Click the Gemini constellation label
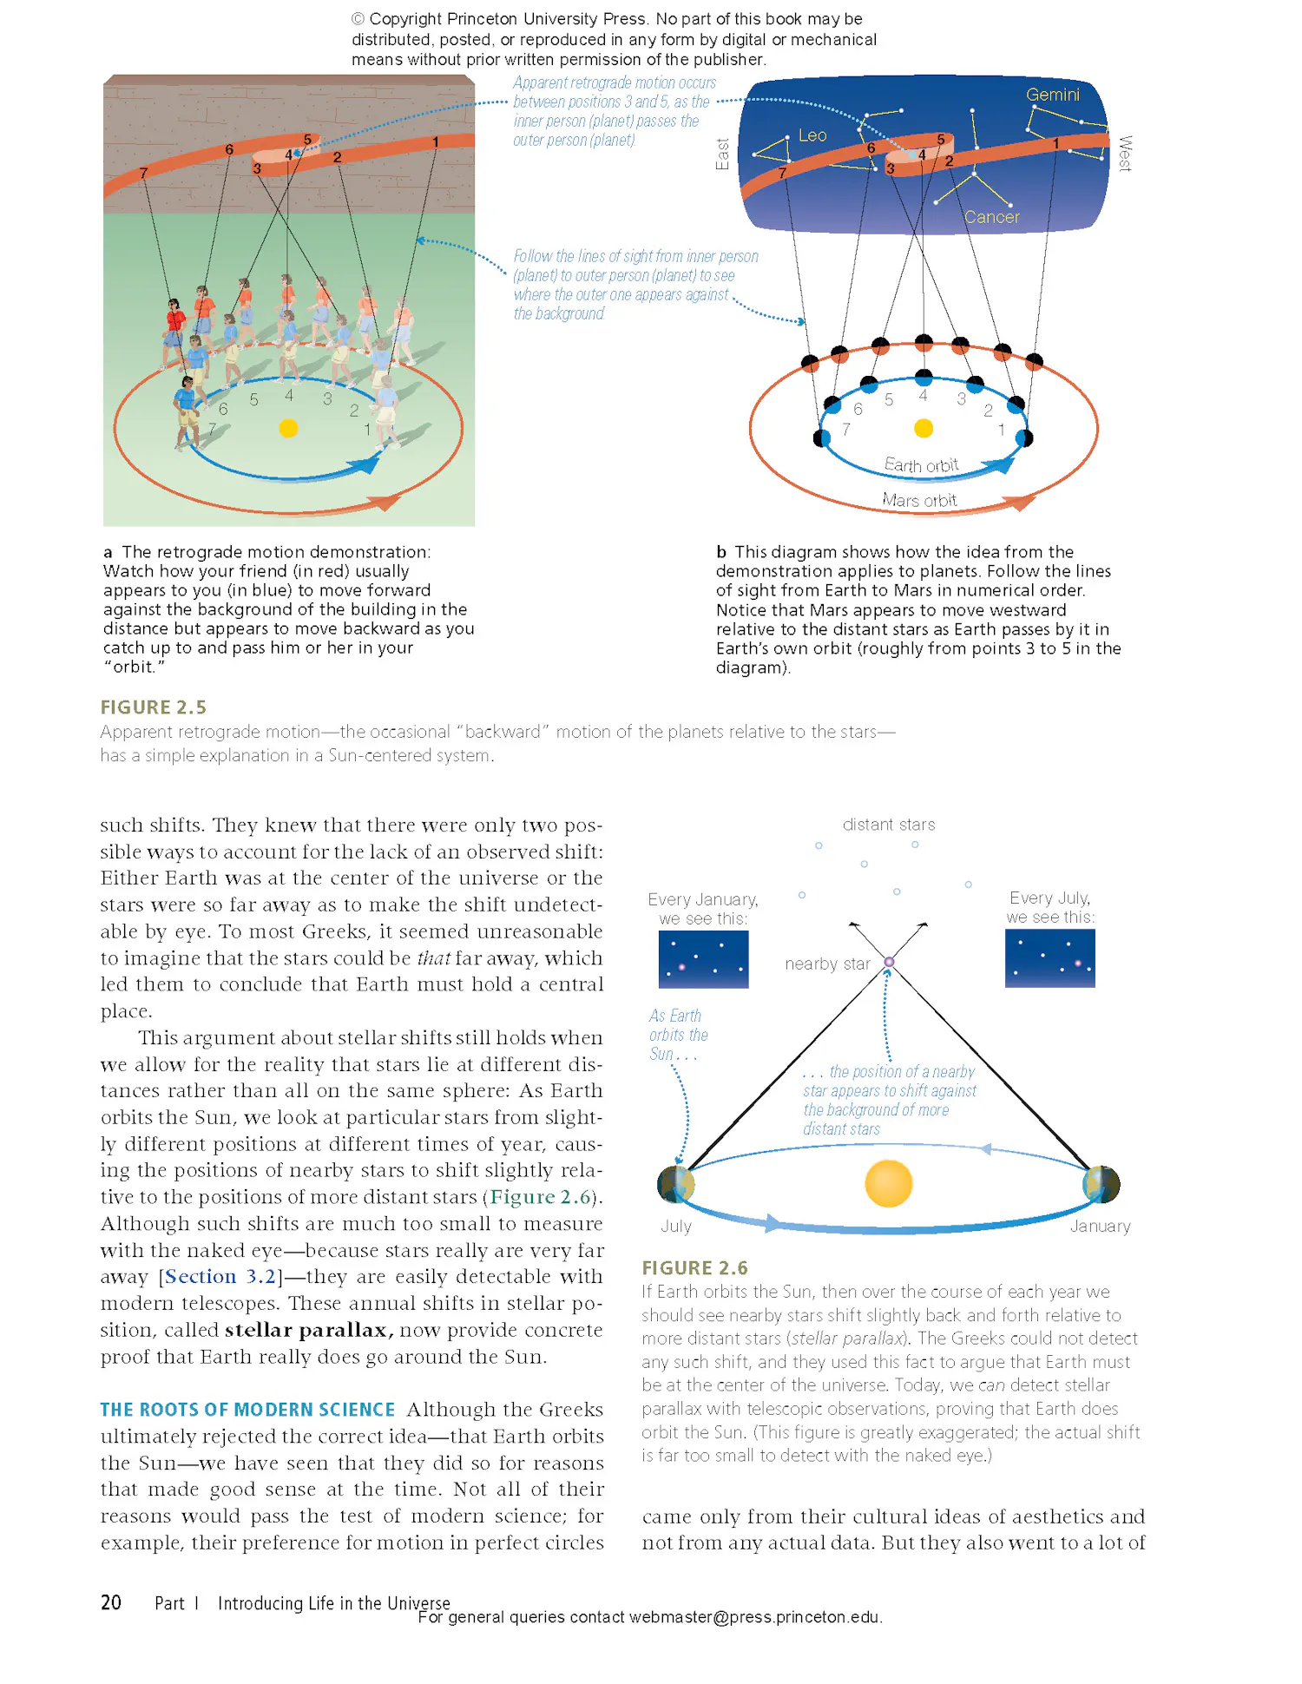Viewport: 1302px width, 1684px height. [x=1052, y=95]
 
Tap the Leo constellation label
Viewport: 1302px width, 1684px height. [x=812, y=135]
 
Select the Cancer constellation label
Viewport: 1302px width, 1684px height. [x=991, y=217]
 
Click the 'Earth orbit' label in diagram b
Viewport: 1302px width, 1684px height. [x=921, y=465]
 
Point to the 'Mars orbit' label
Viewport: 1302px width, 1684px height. [x=919, y=500]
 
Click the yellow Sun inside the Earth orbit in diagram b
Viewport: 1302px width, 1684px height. [x=924, y=428]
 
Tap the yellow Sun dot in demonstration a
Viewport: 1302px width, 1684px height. [x=288, y=428]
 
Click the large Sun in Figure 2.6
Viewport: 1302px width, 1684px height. [x=888, y=1183]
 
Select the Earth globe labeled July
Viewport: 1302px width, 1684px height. [x=675, y=1184]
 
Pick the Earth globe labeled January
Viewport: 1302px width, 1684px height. [x=1101, y=1184]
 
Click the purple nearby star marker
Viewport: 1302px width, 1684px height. [x=889, y=962]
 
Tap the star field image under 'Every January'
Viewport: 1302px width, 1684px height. [x=703, y=959]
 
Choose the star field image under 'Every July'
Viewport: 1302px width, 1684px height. [x=1049, y=958]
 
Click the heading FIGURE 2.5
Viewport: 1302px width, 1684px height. [x=153, y=707]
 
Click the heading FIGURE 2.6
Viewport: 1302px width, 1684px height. [x=694, y=1268]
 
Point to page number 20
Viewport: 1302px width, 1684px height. [x=111, y=1602]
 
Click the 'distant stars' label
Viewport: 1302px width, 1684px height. [x=888, y=825]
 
